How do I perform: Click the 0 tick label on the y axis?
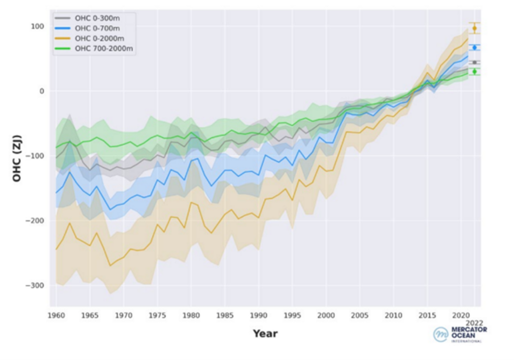[42, 91]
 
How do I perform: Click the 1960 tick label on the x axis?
[56, 315]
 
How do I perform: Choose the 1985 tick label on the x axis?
[225, 315]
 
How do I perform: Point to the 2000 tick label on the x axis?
[326, 315]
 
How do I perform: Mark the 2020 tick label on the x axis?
[461, 315]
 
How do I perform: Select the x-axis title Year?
[265, 333]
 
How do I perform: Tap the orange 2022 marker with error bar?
[474, 28]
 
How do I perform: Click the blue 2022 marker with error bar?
[474, 47]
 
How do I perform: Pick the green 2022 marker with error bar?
[474, 72]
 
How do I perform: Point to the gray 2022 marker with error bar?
[474, 62]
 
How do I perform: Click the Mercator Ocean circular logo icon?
[440, 334]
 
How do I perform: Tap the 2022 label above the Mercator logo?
[474, 323]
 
